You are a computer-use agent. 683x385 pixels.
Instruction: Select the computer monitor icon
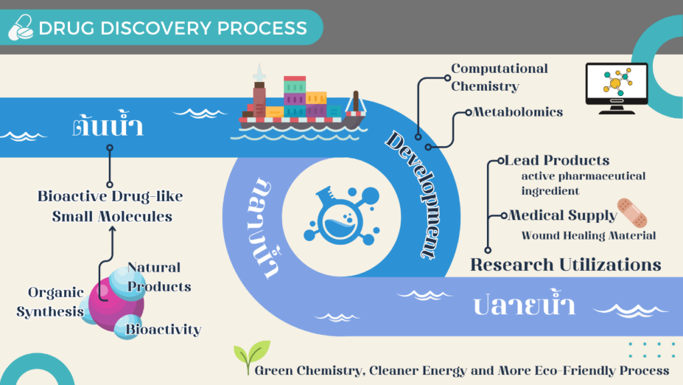[616, 85]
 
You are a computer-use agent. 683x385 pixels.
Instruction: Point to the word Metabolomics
[518, 112]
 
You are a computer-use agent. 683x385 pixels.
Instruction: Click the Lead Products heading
[557, 160]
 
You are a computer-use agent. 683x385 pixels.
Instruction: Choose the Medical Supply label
[562, 216]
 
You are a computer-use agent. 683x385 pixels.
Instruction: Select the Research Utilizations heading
[566, 264]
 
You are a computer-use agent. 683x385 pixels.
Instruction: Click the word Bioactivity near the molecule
[163, 329]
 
